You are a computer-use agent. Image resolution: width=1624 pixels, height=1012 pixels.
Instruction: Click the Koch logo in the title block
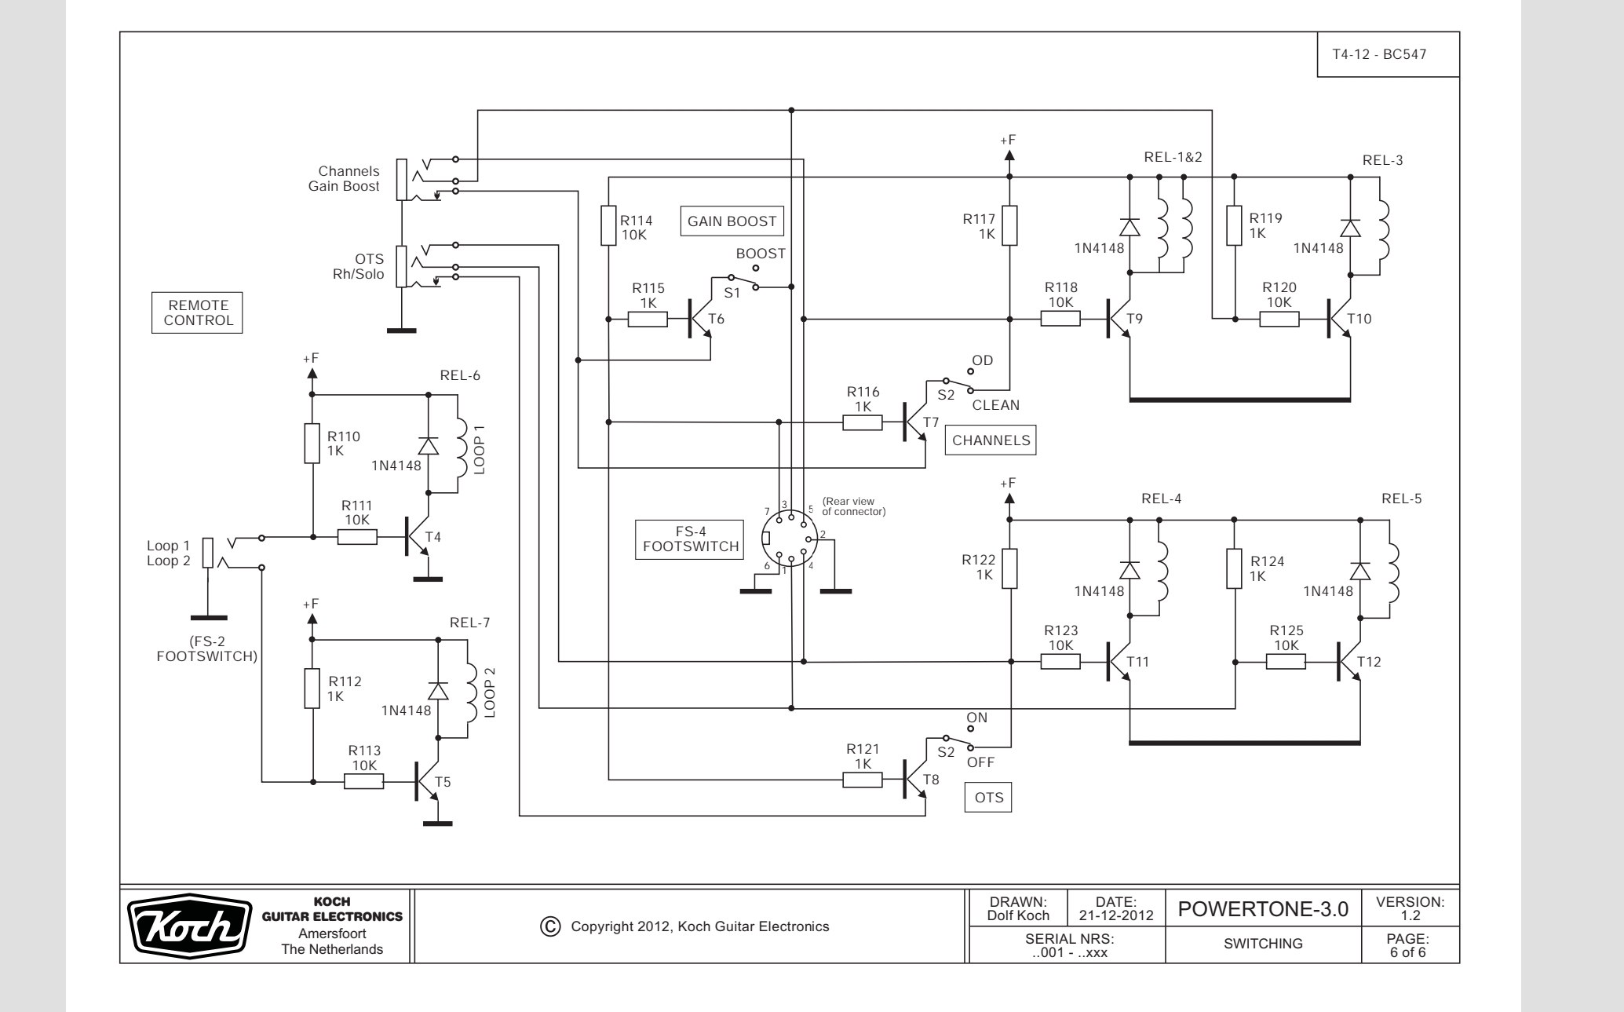[x=188, y=926]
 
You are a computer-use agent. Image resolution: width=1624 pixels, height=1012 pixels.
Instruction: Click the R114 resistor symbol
[x=608, y=226]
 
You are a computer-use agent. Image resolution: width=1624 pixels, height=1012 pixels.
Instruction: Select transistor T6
[x=699, y=318]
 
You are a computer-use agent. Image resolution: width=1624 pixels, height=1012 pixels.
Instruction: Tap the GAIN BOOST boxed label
[x=732, y=221]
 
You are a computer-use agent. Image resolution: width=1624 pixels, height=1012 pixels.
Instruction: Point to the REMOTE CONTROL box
[x=197, y=312]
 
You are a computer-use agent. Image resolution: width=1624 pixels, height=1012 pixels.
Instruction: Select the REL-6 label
[x=460, y=375]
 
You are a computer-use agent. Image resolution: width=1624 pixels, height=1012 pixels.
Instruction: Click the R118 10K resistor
[x=1060, y=319]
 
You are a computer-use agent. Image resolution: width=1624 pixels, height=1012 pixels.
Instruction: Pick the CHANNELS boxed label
[x=991, y=440]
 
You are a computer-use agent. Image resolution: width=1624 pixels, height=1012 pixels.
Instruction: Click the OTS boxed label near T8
[x=988, y=798]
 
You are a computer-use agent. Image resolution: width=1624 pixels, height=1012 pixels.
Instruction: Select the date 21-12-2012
[x=1115, y=915]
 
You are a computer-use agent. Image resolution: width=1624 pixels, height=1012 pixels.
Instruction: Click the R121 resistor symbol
[x=863, y=780]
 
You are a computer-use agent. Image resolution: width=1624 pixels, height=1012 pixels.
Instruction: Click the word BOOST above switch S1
[x=761, y=254]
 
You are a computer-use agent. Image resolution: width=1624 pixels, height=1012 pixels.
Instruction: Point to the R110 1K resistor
[x=312, y=444]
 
